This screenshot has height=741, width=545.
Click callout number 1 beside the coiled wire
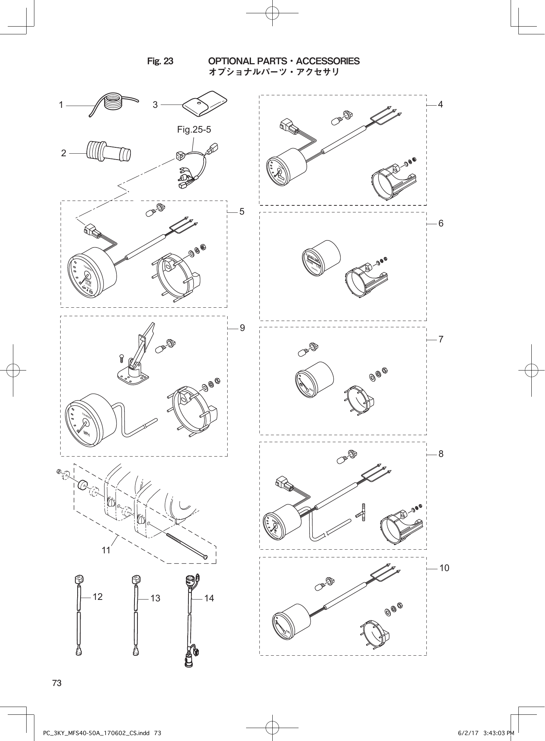point(61,105)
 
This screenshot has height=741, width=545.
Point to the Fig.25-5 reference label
point(194,130)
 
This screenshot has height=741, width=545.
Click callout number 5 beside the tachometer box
point(242,212)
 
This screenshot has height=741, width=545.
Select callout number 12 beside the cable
point(98,597)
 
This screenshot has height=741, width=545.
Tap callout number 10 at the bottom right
point(444,568)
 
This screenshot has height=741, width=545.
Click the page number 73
point(57,683)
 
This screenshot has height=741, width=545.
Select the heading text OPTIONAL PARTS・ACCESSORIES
point(284,61)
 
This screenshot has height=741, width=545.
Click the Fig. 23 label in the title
point(160,61)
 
